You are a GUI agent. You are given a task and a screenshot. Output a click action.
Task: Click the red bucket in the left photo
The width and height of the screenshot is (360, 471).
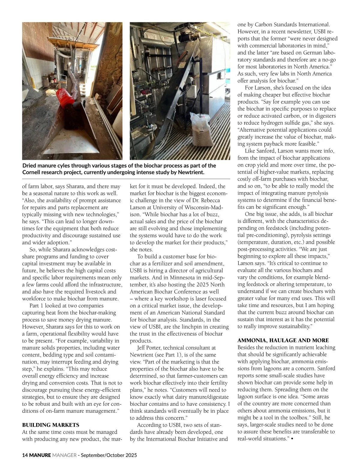point(65,98)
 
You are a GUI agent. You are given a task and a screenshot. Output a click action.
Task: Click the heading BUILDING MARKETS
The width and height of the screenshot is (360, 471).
point(51,425)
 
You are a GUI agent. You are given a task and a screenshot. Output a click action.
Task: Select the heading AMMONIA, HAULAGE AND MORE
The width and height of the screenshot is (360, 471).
point(283,340)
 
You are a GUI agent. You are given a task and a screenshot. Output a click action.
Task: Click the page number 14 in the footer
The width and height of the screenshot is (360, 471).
point(25,455)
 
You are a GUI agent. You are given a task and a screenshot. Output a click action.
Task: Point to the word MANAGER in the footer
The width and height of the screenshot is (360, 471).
point(64,455)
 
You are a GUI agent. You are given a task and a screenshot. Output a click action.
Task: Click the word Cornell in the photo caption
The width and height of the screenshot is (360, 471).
point(31,172)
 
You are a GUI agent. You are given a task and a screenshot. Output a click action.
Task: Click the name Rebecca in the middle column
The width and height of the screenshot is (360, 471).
point(211,200)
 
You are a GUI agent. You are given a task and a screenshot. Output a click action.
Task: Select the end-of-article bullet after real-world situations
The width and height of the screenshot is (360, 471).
point(292,439)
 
